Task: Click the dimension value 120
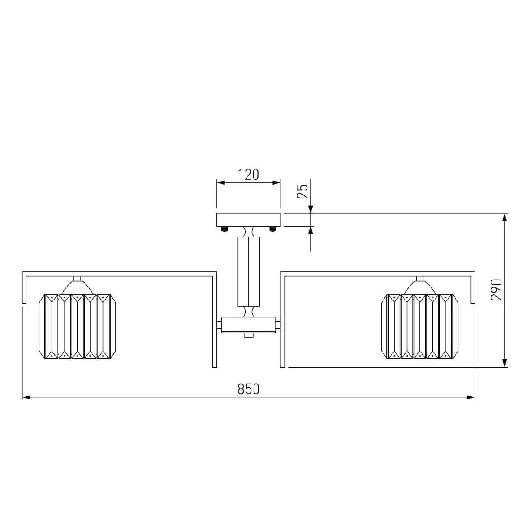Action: click(x=248, y=175)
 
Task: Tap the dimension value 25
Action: click(x=302, y=191)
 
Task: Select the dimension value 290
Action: click(x=496, y=289)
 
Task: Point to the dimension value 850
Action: click(x=248, y=389)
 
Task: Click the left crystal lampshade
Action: click(x=77, y=326)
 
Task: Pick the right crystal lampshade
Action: click(x=419, y=326)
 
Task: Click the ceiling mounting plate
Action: click(x=248, y=220)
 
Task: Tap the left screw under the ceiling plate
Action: click(x=224, y=229)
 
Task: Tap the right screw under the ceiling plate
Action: click(x=272, y=229)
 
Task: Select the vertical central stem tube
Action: click(x=248, y=271)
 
